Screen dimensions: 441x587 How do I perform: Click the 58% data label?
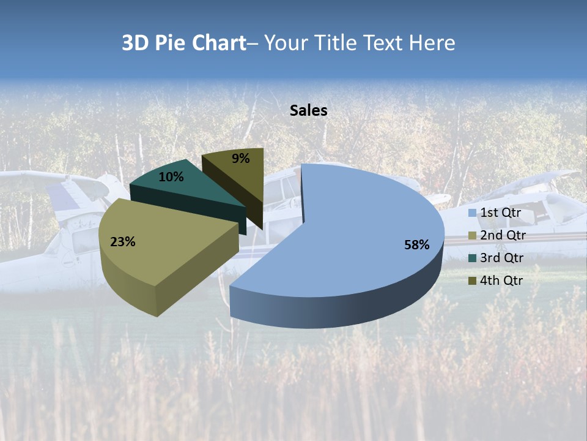point(417,245)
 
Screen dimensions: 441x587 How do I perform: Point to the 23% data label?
point(122,242)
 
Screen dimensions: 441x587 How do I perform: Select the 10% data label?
point(171,177)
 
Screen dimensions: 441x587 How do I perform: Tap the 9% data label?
point(241,159)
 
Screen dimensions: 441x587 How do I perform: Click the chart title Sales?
point(309,110)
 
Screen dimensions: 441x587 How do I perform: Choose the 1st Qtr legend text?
point(501,213)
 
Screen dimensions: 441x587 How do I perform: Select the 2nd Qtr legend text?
point(503,235)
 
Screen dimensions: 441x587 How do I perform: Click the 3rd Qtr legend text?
point(502,258)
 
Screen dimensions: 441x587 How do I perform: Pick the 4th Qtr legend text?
point(502,281)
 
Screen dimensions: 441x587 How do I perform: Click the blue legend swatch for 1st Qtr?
point(472,213)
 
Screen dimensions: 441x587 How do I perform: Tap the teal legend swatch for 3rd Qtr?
point(472,258)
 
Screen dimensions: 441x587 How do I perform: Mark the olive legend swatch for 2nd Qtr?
point(472,236)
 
